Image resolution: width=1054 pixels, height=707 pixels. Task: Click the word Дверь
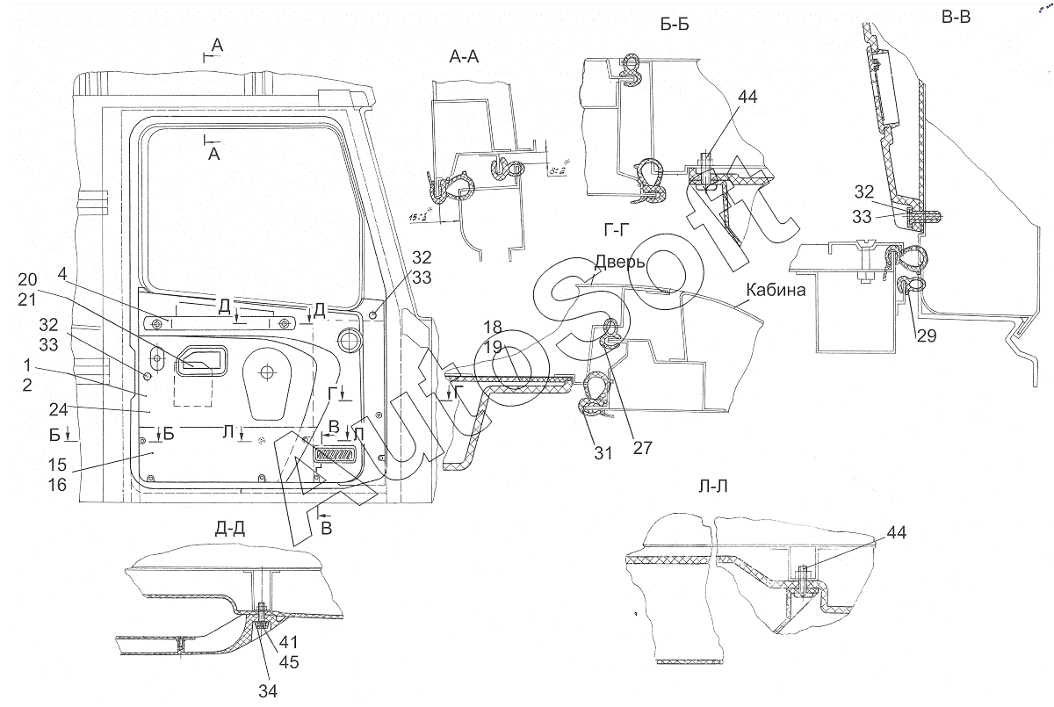point(620,262)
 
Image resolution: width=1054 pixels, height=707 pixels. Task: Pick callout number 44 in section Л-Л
point(897,532)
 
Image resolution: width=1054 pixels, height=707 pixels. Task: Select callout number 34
point(268,691)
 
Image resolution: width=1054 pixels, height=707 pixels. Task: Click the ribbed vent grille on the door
point(333,456)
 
